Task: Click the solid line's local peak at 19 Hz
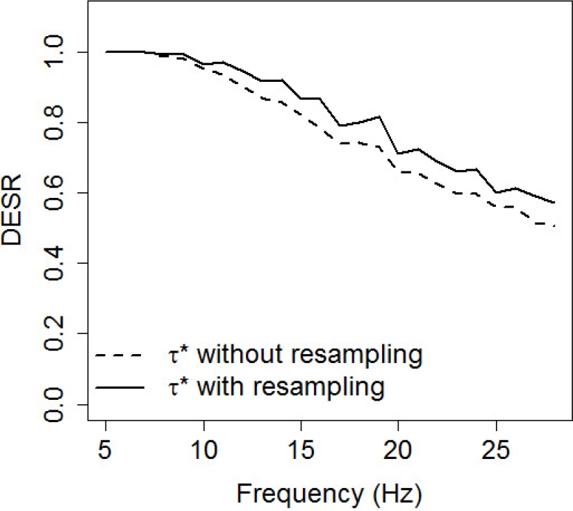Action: point(379,117)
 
